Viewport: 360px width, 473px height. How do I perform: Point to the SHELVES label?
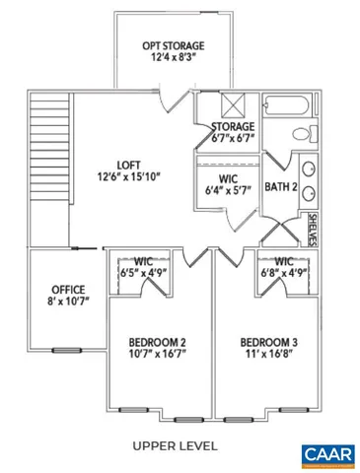click(313, 227)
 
